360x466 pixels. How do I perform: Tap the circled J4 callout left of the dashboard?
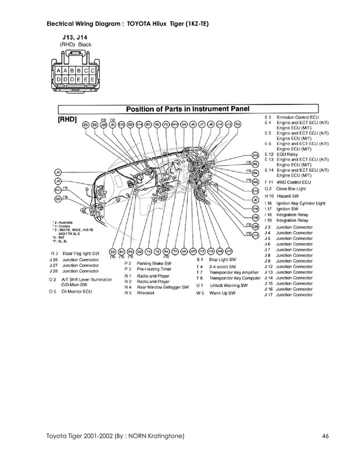point(58,172)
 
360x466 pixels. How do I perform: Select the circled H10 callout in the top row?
point(174,125)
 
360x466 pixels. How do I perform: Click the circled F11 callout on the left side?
point(58,190)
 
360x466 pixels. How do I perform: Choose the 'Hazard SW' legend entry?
point(290,196)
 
